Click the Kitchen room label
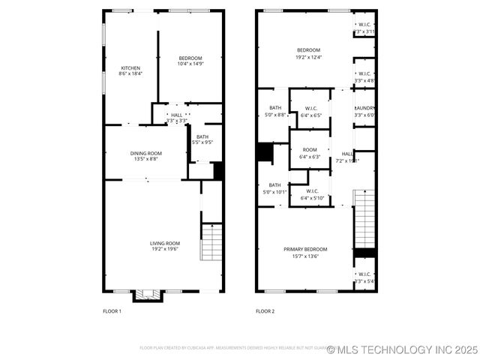pos(130,68)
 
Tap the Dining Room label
pos(146,153)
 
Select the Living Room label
pos(165,243)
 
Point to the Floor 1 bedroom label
pos(190,58)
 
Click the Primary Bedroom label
pos(305,249)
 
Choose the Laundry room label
pos(364,108)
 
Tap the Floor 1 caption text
pos(112,310)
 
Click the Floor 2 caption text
pos(265,310)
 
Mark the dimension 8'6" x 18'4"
pos(130,73)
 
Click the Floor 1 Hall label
pos(176,115)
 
